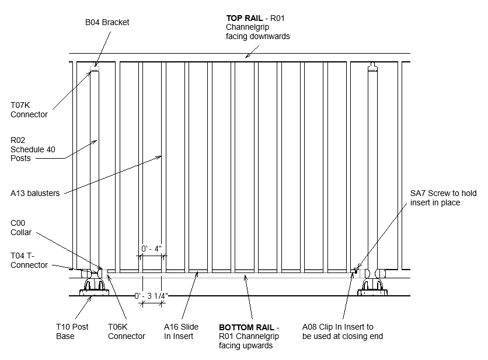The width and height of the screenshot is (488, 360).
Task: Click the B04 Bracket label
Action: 107,22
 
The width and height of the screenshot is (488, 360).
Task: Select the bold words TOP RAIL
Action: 245,18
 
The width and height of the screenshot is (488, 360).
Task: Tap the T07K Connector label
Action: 29,110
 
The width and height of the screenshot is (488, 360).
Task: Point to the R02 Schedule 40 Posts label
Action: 33,149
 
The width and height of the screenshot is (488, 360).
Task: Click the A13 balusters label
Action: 35,193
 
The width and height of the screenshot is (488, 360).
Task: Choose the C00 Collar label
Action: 21,228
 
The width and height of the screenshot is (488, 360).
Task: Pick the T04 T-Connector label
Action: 29,260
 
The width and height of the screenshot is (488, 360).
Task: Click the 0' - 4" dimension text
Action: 151,249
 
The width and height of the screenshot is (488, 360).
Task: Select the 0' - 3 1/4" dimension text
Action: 151,296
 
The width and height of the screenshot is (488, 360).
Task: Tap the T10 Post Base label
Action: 72,331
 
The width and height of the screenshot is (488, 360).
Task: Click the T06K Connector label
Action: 126,331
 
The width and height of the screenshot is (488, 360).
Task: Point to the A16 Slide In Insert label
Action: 181,331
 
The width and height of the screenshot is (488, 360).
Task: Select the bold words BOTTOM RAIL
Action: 246,327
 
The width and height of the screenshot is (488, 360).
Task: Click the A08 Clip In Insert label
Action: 342,331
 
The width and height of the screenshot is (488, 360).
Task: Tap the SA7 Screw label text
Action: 443,198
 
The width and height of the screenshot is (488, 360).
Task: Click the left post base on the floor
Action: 94,288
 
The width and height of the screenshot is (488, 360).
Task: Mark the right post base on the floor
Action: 372,288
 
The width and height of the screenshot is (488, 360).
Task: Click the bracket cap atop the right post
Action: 372,67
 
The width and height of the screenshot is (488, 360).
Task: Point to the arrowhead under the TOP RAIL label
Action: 247,56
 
